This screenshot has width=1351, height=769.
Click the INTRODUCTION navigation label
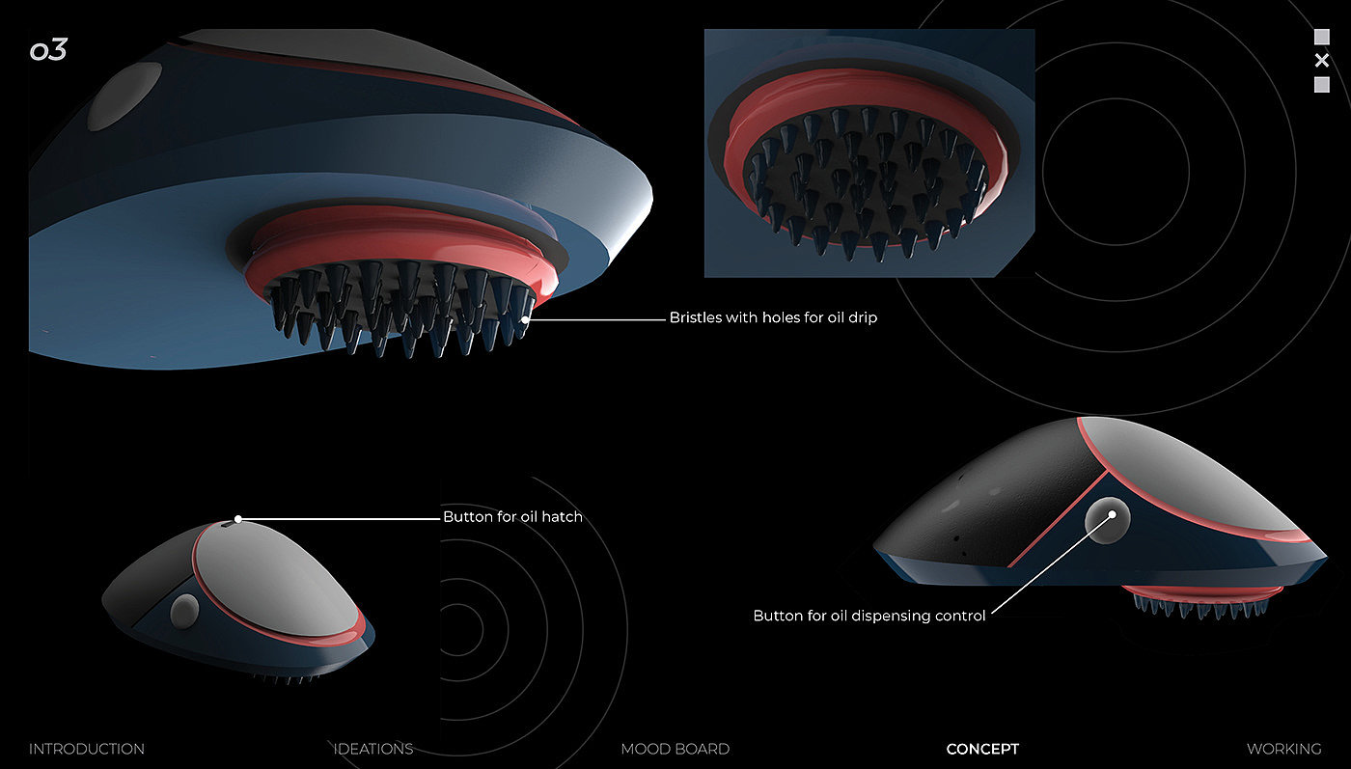(x=87, y=749)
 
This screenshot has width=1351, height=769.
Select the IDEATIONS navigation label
(x=372, y=749)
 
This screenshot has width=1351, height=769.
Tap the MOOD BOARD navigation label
(x=675, y=749)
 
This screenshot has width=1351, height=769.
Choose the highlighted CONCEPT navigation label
(x=982, y=749)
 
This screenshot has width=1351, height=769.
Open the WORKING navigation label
(x=1283, y=749)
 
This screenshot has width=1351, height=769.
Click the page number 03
(x=48, y=51)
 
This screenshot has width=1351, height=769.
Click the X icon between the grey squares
(x=1322, y=61)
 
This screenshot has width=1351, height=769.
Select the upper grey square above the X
(x=1322, y=38)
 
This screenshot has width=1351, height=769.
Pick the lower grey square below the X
(x=1322, y=85)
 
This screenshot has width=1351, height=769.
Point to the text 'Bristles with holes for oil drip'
(x=773, y=317)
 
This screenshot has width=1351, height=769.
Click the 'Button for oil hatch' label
(x=512, y=517)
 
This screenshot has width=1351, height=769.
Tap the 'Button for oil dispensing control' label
(x=869, y=616)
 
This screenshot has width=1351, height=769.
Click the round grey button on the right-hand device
(x=1106, y=520)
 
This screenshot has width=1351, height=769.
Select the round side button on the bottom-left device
(x=183, y=610)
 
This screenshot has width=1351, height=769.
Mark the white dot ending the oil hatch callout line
(x=238, y=519)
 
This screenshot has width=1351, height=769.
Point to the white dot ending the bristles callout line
(x=526, y=318)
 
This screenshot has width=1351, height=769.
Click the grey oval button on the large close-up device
(x=124, y=96)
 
